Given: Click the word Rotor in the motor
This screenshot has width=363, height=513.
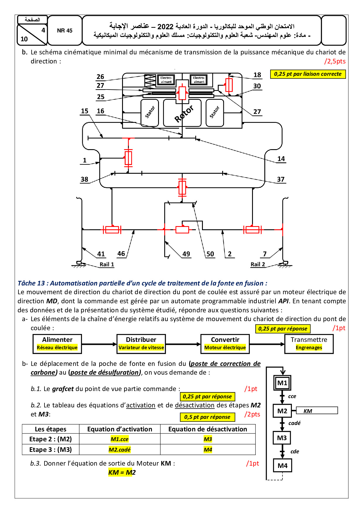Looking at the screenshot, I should (x=184, y=114).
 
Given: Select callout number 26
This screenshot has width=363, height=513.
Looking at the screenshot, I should (x=100, y=77).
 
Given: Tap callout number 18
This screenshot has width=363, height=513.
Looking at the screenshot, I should (x=257, y=75).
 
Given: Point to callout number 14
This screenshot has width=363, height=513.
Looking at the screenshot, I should (x=281, y=159).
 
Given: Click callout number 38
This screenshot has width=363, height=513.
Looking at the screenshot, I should (x=84, y=179).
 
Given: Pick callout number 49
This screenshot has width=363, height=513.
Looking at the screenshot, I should (x=186, y=254).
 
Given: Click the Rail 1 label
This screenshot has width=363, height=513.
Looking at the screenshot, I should (x=107, y=264).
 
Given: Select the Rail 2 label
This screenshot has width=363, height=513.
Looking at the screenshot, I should (x=258, y=264).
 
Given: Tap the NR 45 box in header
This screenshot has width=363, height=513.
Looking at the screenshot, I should (x=65, y=31).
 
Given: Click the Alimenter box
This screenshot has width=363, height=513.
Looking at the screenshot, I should (x=57, y=344).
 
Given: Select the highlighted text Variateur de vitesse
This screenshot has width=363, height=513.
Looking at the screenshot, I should (x=141, y=347).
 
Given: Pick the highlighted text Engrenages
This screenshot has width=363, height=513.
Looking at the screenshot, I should (x=309, y=347).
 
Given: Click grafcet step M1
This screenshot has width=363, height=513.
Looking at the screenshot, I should (x=282, y=383).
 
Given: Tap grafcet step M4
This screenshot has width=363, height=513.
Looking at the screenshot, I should (x=282, y=466).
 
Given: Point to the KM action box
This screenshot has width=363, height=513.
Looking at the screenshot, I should (x=317, y=411).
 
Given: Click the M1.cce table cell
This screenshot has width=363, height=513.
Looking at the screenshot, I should (x=119, y=439).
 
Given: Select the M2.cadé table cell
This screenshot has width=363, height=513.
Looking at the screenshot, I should (x=119, y=450).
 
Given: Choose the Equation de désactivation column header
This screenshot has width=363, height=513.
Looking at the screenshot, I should (x=208, y=429).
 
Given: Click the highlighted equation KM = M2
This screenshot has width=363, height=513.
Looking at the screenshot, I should (x=122, y=472).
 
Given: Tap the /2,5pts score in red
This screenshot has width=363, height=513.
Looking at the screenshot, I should (x=335, y=61).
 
